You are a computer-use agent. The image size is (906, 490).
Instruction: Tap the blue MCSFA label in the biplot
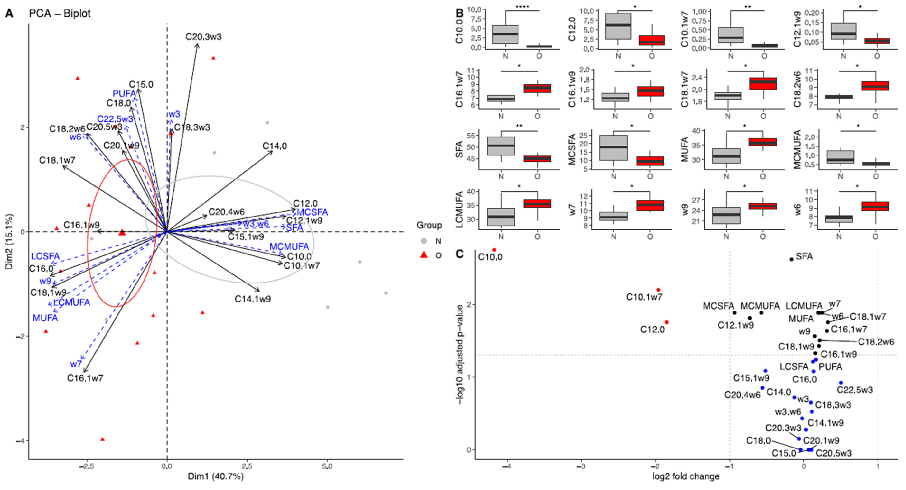coord(312,212)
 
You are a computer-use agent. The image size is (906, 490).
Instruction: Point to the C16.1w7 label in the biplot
coord(85,378)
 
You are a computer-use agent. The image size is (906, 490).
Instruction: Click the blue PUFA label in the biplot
coord(124,94)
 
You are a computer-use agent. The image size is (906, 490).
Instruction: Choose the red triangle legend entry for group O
coord(424,255)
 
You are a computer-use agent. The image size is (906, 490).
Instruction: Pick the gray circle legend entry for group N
coord(424,241)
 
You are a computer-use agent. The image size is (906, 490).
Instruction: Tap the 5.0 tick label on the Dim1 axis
coord(327,467)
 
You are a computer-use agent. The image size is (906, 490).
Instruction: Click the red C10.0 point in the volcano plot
coord(494,250)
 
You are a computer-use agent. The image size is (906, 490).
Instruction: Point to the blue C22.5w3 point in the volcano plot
coord(841,383)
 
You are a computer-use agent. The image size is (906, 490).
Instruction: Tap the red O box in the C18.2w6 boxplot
coord(875,86)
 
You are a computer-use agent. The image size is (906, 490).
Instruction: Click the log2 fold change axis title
coord(686,477)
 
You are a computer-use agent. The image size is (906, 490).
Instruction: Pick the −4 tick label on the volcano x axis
coord(506,467)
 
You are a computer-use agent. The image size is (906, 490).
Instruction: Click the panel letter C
coord(459,254)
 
